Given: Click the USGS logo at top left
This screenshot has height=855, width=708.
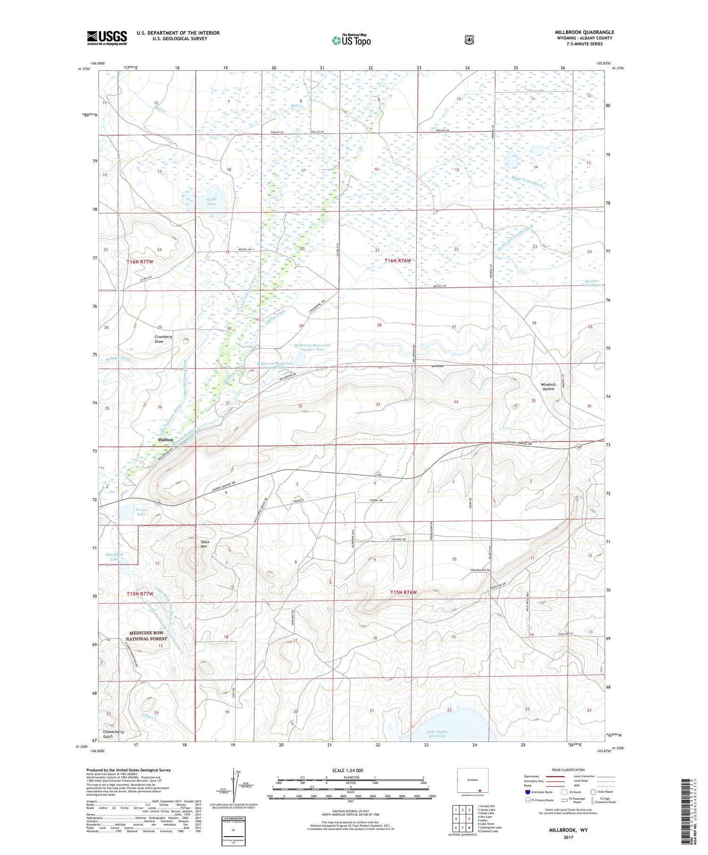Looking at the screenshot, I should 107,38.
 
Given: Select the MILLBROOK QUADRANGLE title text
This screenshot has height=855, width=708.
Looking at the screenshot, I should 584,32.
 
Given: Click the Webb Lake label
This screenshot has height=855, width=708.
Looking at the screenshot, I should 211,201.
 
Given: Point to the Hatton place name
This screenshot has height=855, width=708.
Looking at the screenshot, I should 165,440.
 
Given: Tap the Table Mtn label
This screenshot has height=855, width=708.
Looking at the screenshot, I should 204,544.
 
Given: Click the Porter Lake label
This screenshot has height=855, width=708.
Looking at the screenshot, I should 141,512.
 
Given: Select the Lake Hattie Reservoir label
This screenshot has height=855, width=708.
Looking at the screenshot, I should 437,734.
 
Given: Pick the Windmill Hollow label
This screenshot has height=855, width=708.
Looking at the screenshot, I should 548,387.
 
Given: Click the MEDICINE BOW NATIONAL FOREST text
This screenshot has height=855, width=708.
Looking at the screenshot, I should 146,636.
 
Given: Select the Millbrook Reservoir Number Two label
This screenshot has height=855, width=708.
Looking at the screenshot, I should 312,348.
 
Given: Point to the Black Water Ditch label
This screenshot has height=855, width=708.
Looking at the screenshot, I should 527,181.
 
